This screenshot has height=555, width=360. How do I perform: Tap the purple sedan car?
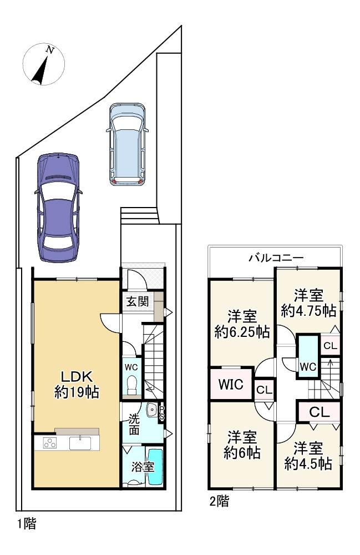click(x=58, y=205)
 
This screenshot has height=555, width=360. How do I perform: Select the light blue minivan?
click(x=128, y=144)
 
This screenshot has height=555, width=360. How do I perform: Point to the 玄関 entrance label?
click(x=136, y=302)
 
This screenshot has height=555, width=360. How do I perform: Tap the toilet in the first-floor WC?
click(x=131, y=385)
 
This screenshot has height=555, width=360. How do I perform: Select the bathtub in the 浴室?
click(x=156, y=466)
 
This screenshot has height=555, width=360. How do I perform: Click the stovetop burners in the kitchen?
click(x=49, y=443)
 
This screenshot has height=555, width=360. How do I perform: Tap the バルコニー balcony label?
click(x=275, y=258)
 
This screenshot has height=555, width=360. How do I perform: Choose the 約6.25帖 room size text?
click(x=242, y=332)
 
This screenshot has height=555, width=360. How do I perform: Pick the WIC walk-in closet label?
click(x=230, y=384)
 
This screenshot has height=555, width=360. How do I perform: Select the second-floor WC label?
click(x=308, y=366)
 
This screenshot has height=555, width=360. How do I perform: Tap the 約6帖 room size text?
click(x=242, y=452)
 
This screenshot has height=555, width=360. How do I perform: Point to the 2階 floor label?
click(x=219, y=502)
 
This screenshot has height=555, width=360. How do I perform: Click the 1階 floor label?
click(x=26, y=523)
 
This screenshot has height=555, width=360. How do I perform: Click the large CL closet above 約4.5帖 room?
click(x=319, y=412)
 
